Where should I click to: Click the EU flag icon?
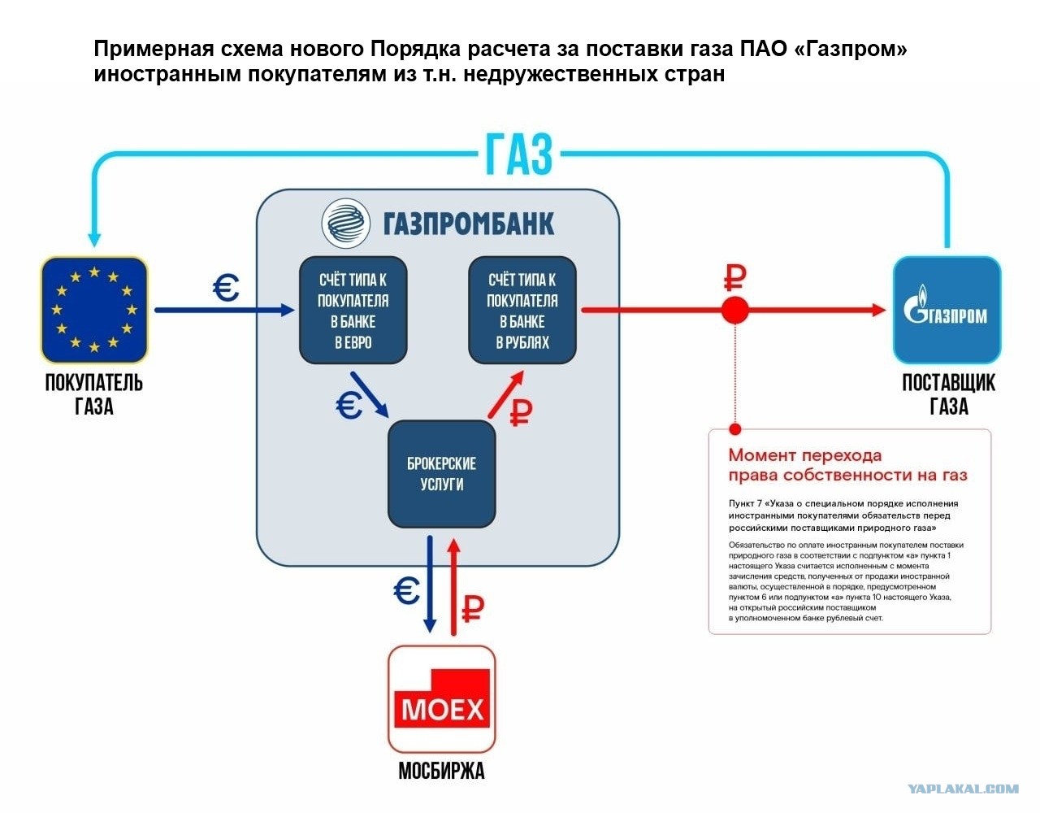(x=94, y=310)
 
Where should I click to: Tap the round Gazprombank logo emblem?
(x=345, y=223)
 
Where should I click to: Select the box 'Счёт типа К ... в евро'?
(x=353, y=311)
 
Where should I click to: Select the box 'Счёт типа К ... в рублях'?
(x=522, y=311)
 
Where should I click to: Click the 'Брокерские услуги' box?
(x=441, y=473)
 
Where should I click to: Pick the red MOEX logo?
(x=441, y=698)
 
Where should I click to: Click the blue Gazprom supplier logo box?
(x=947, y=310)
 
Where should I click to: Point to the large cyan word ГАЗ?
(x=519, y=154)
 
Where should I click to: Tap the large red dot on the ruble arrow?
(x=734, y=311)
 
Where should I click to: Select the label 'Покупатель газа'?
(x=94, y=394)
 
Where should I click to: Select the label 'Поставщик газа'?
(x=948, y=394)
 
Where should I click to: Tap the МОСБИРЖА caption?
(x=441, y=772)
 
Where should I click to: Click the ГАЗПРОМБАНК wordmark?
(x=469, y=224)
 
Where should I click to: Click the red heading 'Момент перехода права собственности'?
(x=847, y=464)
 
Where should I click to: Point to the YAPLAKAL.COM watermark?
(x=963, y=789)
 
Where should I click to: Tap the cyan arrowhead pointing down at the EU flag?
(x=94, y=239)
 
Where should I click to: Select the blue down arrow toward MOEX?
(x=430, y=585)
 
